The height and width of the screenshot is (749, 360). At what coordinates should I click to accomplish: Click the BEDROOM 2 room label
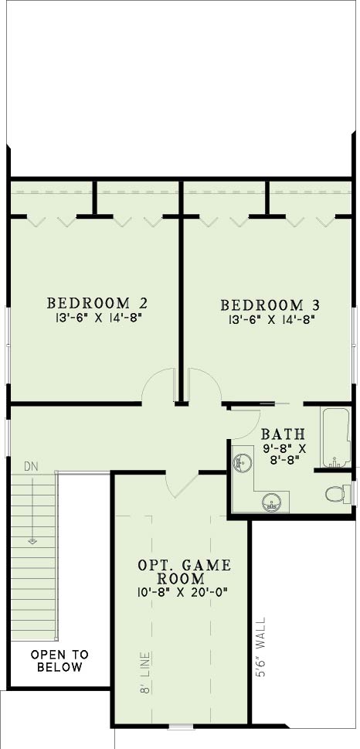(x=97, y=303)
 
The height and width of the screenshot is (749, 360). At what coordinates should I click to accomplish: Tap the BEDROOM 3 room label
(x=270, y=305)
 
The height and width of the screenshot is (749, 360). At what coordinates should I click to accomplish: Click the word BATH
(x=283, y=434)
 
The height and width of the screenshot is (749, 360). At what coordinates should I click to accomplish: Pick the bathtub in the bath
(x=337, y=437)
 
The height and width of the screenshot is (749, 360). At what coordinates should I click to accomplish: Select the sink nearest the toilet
(x=272, y=502)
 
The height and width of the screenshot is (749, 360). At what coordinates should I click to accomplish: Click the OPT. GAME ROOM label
(x=185, y=572)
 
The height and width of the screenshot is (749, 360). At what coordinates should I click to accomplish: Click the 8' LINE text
(x=145, y=672)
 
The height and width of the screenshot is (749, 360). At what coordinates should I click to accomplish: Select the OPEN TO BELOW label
(x=59, y=661)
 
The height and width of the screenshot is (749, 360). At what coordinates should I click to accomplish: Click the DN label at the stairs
(x=31, y=466)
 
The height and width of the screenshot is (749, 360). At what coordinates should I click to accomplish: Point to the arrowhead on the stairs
(x=32, y=541)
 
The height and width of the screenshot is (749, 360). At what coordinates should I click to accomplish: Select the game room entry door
(x=182, y=485)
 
